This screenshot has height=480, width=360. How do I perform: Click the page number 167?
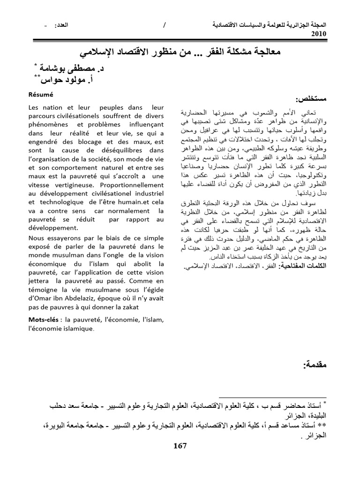pos(180,446)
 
